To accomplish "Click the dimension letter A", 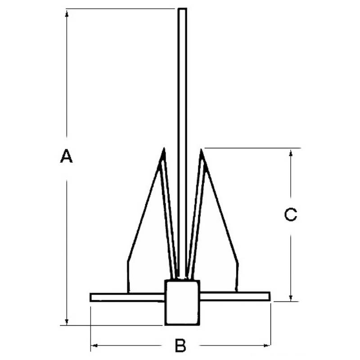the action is tap(66, 156).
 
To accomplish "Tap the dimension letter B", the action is tap(180, 345).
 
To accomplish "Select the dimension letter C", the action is tap(290, 215).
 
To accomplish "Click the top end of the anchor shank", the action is tap(182, 9).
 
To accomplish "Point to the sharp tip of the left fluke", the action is tap(164, 148).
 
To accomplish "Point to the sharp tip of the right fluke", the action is tap(201, 149).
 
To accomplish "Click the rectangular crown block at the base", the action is tap(182, 302).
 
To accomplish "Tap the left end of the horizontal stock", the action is tap(90, 297).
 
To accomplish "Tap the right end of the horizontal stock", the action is tap(270, 296).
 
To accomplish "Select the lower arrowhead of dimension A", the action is tap(67, 321).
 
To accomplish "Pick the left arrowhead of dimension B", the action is tap(94, 345).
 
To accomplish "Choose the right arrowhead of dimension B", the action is tap(267, 345).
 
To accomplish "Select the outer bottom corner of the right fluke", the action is tap(237, 292).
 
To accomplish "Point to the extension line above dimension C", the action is tap(252, 148).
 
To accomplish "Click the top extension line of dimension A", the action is tap(121, 9).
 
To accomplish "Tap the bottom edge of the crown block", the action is tap(182, 324).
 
